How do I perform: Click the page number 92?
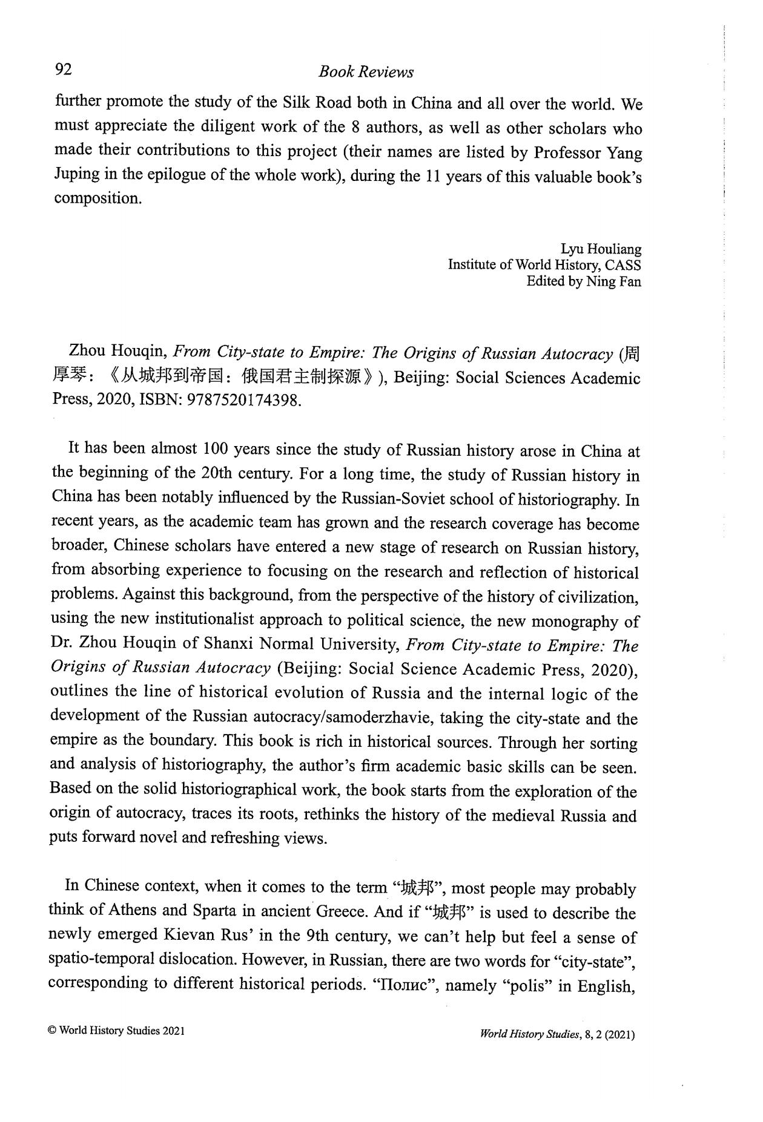[64, 70]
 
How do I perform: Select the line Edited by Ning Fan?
[584, 281]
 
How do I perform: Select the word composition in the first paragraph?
[97, 198]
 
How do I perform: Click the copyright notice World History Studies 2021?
[116, 1031]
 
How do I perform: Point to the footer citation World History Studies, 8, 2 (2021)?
[557, 1035]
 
